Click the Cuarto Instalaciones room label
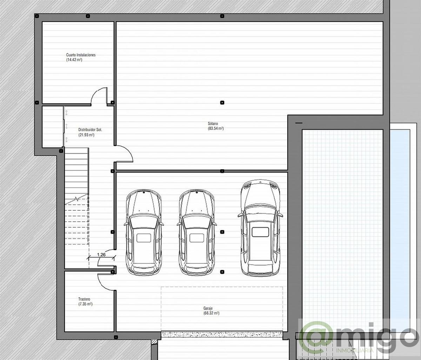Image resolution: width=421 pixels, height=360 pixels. coord(81,55)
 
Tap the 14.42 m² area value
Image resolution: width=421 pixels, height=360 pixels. coord(74,60)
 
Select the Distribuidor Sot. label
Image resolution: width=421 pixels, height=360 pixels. coord(90,130)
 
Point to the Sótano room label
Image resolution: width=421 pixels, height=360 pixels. coord(213,124)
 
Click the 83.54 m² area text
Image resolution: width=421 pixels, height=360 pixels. coord(216,129)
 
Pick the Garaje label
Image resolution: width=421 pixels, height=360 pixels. coord(208,308)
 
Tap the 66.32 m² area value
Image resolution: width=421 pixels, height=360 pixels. coord(211,313)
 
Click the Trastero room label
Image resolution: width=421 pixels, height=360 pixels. coord(84,299)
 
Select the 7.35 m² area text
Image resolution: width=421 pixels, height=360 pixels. coord(85,304)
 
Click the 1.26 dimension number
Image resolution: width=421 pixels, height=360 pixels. coord(101,255)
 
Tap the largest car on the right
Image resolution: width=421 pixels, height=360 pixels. coord(260,228)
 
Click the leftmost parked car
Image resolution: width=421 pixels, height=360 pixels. coord(143,232)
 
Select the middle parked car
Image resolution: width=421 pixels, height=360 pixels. coord(196,232)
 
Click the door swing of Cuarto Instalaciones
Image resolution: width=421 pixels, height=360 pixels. coord(99,95)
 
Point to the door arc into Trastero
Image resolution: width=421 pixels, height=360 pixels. coord(106,281)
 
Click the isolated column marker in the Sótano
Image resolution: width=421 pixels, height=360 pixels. coord(222,103)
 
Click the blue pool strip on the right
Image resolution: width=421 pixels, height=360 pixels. coord(400,225)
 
